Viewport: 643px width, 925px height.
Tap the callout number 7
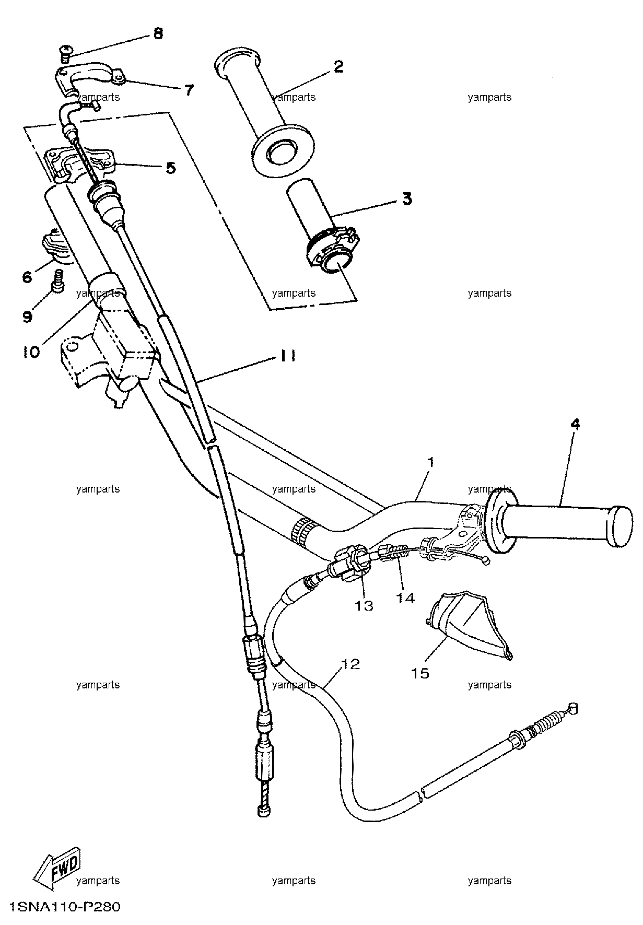point(189,90)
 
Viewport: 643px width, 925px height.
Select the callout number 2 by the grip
point(338,66)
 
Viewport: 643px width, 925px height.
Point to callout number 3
point(406,199)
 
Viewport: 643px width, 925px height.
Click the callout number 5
point(171,168)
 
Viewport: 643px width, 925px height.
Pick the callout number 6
point(27,277)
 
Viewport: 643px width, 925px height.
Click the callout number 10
point(31,352)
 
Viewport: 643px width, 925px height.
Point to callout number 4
point(575,424)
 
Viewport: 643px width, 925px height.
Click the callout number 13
point(364,605)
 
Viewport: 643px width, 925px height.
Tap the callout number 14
point(405,598)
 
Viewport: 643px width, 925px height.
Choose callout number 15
point(420,673)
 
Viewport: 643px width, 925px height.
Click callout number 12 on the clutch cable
point(350,664)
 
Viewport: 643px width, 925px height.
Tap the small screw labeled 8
point(65,52)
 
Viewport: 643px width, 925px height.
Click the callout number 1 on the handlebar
point(430,462)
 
